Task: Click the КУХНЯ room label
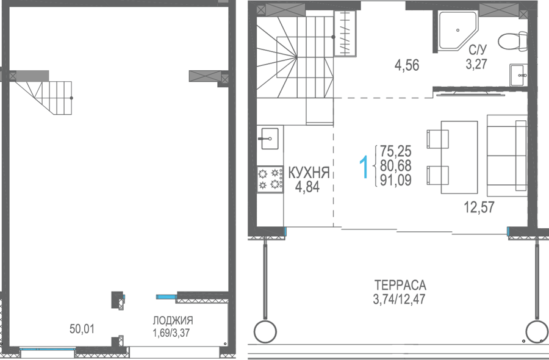tap(309, 173)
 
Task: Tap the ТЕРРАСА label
tap(400, 285)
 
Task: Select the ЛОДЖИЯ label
tap(173, 320)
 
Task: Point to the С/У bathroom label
tap(478, 49)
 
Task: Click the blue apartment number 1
tap(364, 167)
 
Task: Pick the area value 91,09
tap(396, 180)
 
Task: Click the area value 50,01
tap(82, 329)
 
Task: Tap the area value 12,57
tap(479, 207)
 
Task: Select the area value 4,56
tap(406, 65)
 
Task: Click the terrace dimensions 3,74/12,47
tap(399, 300)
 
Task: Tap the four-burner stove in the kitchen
tap(270, 179)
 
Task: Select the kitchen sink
tap(268, 139)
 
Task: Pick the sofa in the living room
tap(507, 156)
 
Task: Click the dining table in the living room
tap(459, 157)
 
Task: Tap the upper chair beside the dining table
tap(437, 139)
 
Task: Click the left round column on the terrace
tap(265, 331)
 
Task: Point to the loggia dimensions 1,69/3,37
tap(171, 333)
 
